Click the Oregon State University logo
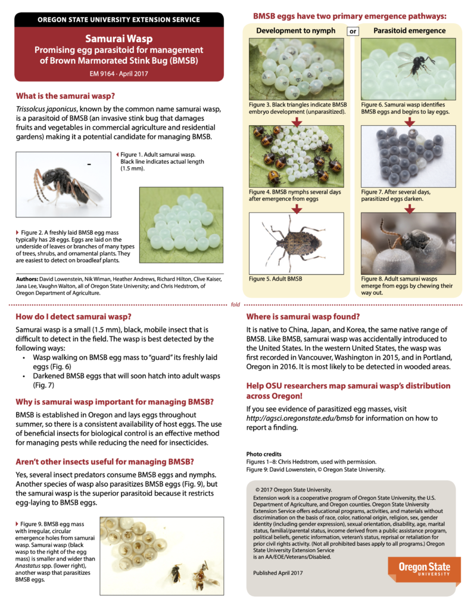pos(425,571)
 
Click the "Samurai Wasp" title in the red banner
pos(119,39)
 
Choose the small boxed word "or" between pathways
pos(353,31)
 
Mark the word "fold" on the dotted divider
pos(235,304)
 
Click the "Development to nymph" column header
pos(296,30)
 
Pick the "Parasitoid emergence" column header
pos(409,30)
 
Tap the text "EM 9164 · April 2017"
pos(119,74)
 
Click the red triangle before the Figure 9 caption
pos(17,523)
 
